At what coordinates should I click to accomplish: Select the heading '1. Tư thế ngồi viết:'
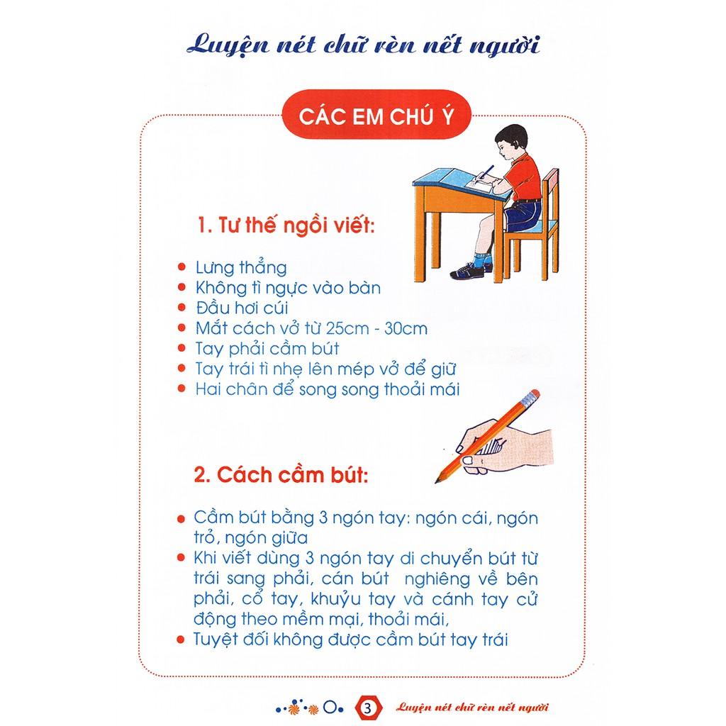click(286, 228)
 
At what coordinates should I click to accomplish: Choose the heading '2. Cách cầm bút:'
click(281, 474)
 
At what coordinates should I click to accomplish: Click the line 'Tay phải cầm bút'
click(267, 349)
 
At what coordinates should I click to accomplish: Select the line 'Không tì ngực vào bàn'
click(288, 288)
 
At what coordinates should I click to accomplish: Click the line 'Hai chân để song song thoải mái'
click(328, 389)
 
